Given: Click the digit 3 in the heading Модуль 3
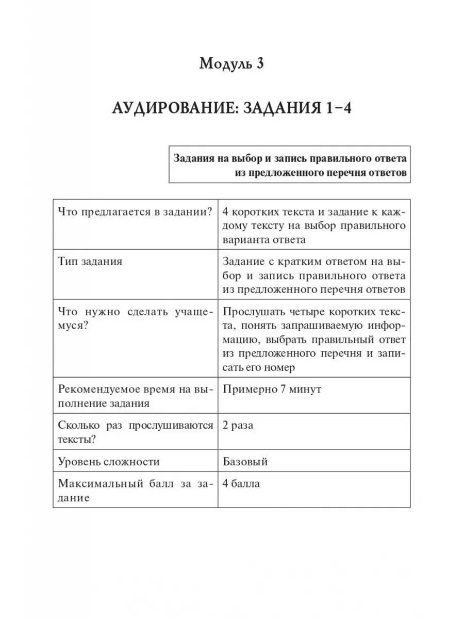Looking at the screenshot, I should pyautogui.click(x=260, y=64).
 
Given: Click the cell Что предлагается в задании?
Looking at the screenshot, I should pyautogui.click(x=135, y=211).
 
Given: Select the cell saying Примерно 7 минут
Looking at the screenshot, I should pyautogui.click(x=272, y=389).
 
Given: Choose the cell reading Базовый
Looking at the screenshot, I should pyautogui.click(x=245, y=461).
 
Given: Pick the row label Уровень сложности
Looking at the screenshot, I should pyautogui.click(x=109, y=461).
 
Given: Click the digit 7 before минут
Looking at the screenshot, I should pyautogui.click(x=276, y=389).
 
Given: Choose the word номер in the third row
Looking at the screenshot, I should pyautogui.click(x=281, y=368).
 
